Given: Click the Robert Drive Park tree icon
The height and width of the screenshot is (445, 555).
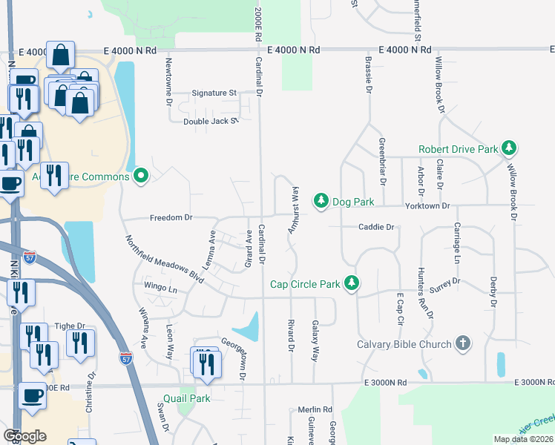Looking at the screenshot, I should point(509,149).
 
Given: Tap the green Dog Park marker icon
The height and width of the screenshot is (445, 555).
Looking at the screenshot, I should point(321,201).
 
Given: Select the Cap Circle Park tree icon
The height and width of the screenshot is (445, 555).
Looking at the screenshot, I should point(352,284).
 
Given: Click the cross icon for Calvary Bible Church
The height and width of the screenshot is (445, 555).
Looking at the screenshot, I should point(463,343).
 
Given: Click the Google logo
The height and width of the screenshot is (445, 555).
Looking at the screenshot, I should point(24,435).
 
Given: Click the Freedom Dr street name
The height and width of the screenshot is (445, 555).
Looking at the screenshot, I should point(171,218).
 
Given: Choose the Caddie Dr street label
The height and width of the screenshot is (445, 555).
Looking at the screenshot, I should point(375,227).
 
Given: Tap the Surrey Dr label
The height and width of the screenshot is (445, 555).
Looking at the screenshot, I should point(445,283).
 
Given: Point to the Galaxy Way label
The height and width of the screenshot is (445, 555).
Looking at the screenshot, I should point(315,340).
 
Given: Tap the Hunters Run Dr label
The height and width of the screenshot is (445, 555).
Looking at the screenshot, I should point(424,292).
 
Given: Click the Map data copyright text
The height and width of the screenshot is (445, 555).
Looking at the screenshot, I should point(522,439).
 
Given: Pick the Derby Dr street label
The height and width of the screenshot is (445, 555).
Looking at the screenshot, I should point(493,292).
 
